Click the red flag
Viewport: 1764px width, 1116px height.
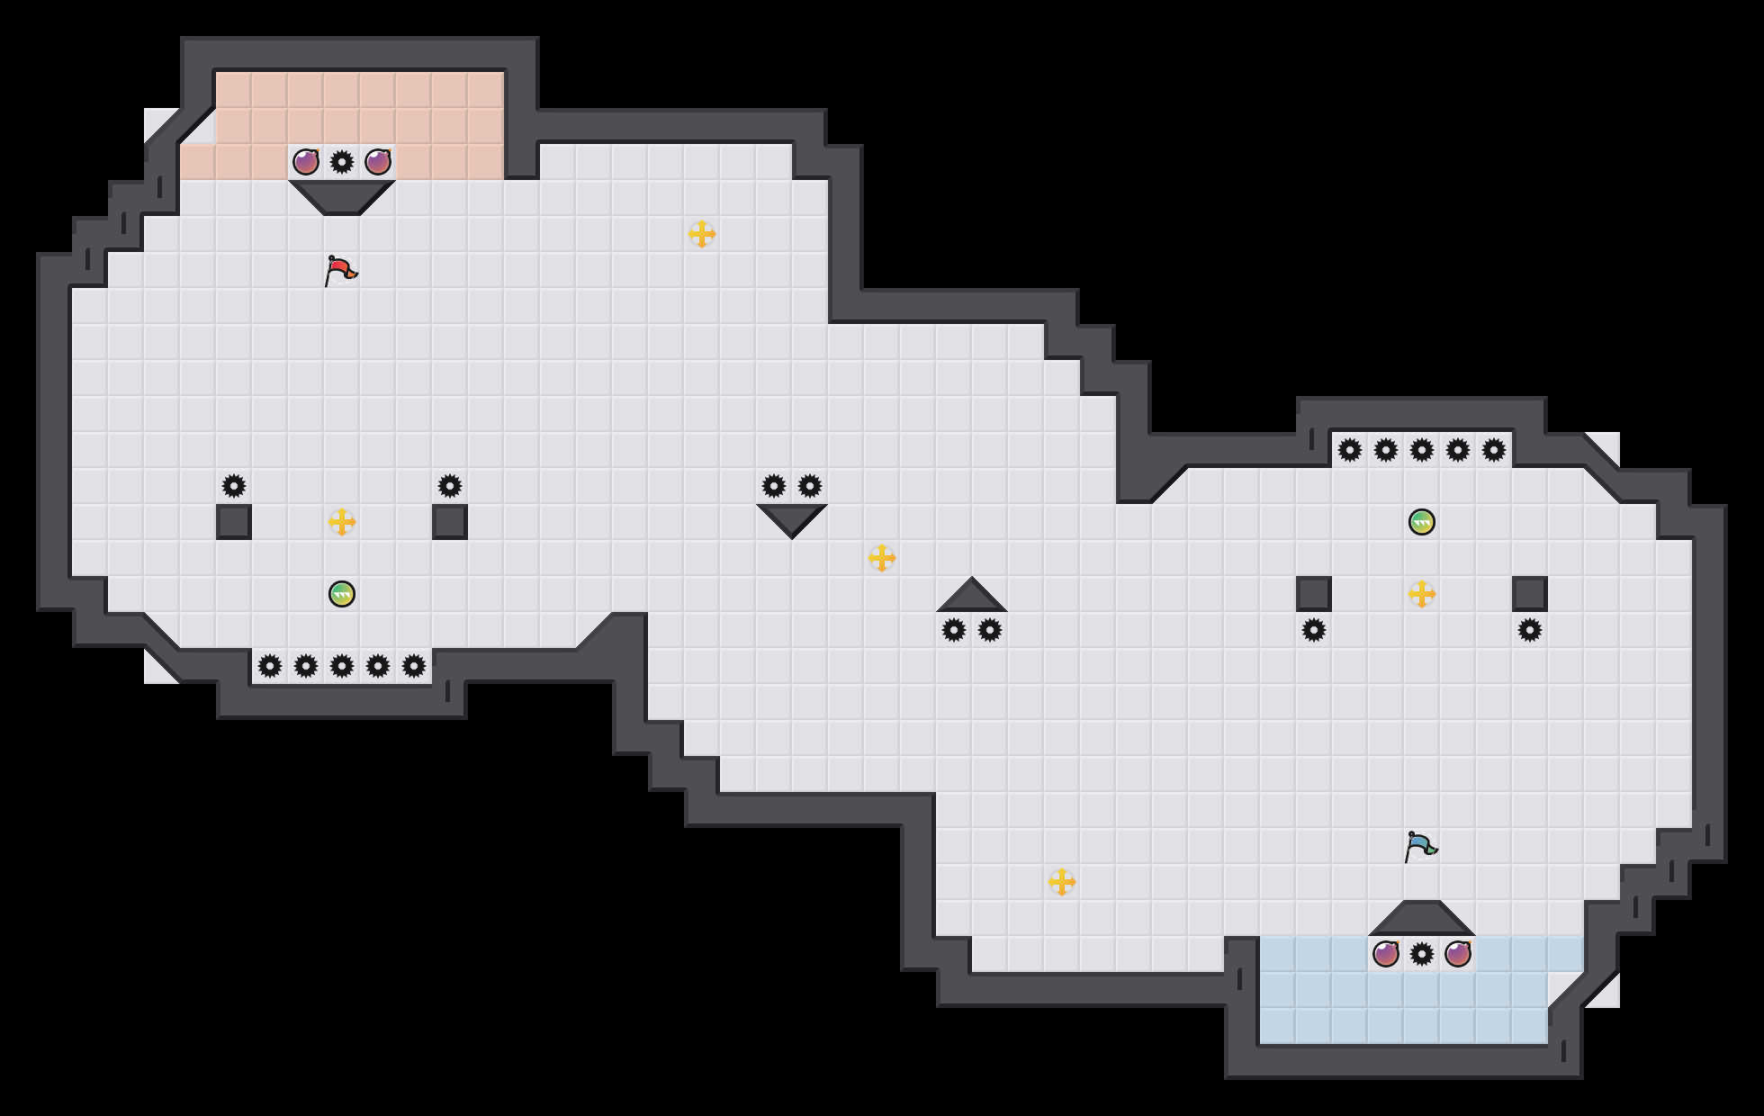click(x=340, y=270)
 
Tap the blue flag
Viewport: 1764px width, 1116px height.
click(x=1420, y=846)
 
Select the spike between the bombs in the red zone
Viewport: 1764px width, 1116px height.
click(x=342, y=162)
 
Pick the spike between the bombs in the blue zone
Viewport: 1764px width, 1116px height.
click(x=1422, y=954)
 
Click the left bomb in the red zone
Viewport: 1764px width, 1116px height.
click(x=306, y=162)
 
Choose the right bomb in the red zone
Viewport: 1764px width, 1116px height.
click(x=378, y=162)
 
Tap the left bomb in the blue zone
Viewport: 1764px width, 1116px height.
click(x=1386, y=954)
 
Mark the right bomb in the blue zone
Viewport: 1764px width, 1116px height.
click(x=1458, y=954)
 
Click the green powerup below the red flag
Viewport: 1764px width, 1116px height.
click(x=342, y=594)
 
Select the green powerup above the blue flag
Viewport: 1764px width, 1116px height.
click(x=1422, y=522)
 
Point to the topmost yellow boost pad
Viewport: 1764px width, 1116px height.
click(x=702, y=234)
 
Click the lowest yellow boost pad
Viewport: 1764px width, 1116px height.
click(x=1062, y=882)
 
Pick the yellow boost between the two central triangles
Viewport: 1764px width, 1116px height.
click(x=882, y=558)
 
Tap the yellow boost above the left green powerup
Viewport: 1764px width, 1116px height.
click(x=342, y=522)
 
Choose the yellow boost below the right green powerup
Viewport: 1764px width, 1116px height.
click(x=1422, y=594)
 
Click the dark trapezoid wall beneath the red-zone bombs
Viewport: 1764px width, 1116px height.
click(x=342, y=195)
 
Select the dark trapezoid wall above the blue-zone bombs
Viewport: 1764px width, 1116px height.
click(x=1422, y=920)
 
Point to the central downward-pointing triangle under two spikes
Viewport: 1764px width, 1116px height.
click(x=792, y=517)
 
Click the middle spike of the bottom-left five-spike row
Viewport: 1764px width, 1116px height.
click(x=342, y=666)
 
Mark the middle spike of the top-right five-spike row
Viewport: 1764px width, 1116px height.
click(x=1422, y=450)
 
